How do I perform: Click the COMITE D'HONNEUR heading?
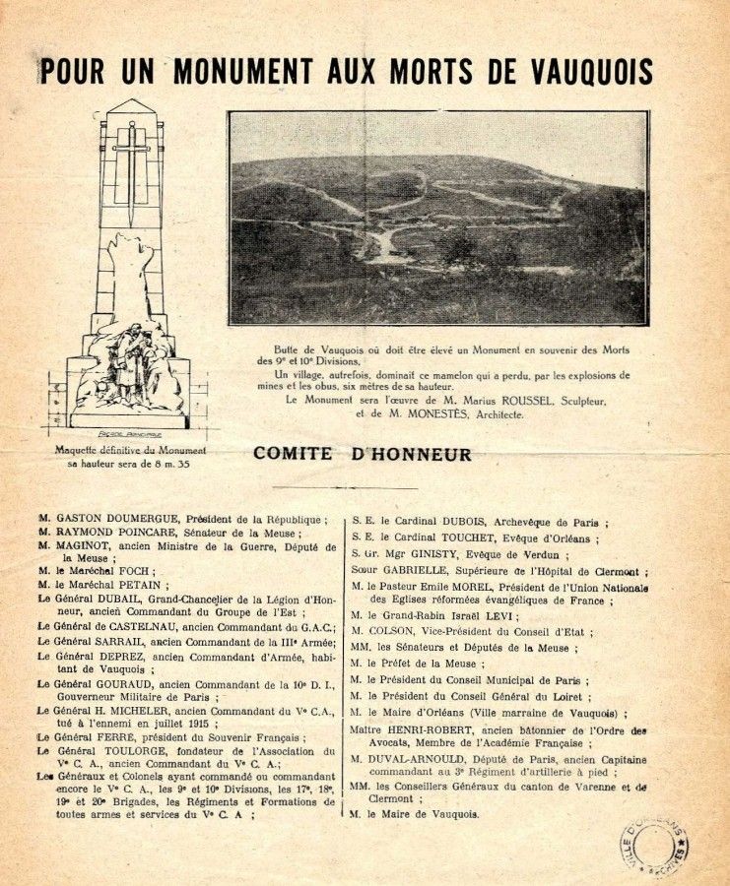363,454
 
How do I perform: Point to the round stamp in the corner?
652,844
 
